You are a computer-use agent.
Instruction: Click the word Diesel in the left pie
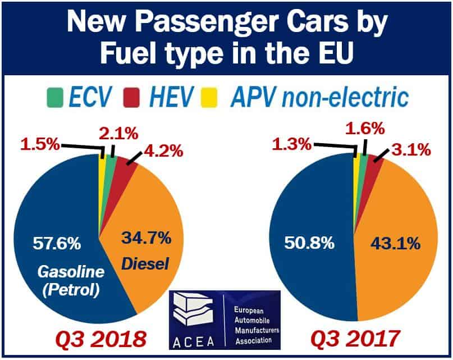pos(149,262)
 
